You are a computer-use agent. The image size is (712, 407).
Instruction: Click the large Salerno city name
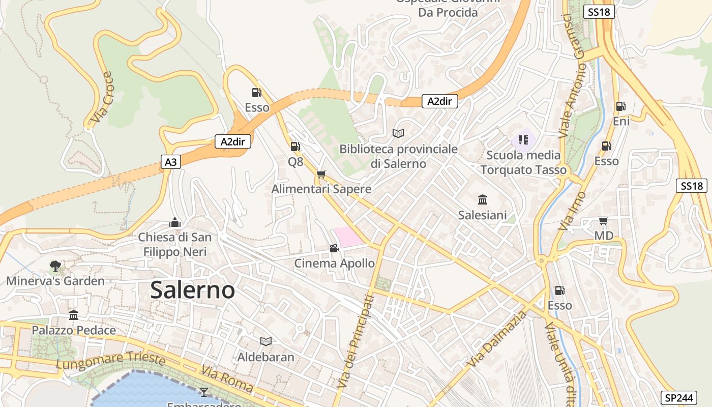[x=193, y=290]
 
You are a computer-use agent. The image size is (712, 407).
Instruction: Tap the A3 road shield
[x=171, y=162]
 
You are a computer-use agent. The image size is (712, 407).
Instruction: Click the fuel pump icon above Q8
[x=295, y=147]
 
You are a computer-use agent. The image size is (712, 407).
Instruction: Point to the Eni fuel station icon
[x=620, y=106]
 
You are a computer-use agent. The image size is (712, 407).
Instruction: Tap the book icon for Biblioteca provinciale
[x=398, y=133]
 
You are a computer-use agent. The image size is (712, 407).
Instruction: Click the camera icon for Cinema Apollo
[x=334, y=248]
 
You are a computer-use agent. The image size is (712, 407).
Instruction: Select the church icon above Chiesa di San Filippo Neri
[x=174, y=222]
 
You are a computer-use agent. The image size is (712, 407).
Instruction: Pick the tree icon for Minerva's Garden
[x=55, y=266]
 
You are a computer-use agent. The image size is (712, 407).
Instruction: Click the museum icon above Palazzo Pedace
[x=74, y=315]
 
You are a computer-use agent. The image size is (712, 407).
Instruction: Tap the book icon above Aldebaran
[x=265, y=341]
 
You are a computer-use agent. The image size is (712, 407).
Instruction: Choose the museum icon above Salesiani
[x=482, y=199]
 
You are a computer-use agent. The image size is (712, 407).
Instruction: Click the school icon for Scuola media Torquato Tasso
[x=523, y=139]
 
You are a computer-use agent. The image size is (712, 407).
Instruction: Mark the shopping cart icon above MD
[x=603, y=221]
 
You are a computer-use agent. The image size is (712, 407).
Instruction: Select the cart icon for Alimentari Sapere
[x=321, y=175]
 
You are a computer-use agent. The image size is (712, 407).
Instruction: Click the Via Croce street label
[x=101, y=98]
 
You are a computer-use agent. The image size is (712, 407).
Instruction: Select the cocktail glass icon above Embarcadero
[x=204, y=391]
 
